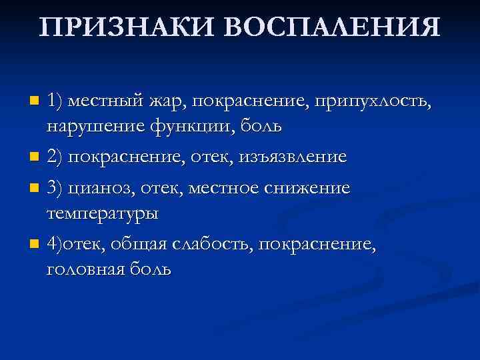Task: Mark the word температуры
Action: (x=102, y=213)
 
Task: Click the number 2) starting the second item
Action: (x=56, y=157)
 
